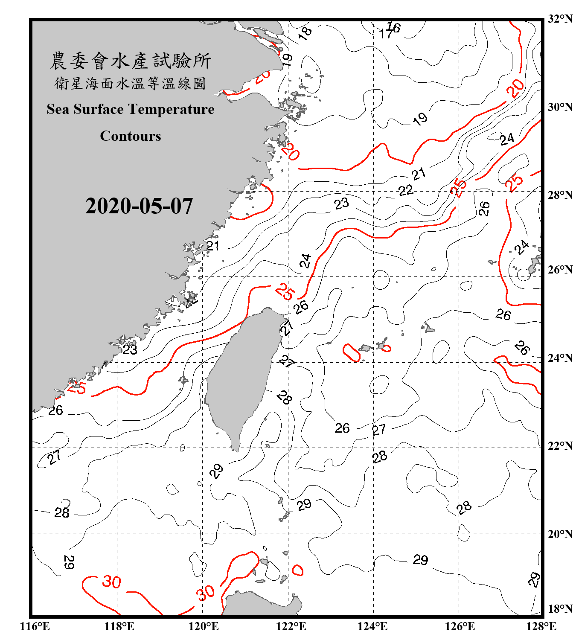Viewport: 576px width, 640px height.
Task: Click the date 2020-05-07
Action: click(139, 206)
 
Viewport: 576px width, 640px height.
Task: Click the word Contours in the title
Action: click(131, 136)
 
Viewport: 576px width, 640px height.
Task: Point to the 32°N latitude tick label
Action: click(560, 19)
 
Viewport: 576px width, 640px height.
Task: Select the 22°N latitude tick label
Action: click(560, 446)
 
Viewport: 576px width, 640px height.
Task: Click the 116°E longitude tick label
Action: click(35, 626)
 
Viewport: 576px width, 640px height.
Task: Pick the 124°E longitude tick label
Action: click(372, 626)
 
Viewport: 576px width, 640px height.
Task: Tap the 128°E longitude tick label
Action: click(541, 626)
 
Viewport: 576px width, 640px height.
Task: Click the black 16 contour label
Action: click(394, 27)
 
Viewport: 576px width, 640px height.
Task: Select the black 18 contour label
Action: click(305, 33)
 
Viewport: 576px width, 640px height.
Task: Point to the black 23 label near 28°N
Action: click(341, 204)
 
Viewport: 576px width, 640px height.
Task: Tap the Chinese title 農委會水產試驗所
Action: click(131, 61)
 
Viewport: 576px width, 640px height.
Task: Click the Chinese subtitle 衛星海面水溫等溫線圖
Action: click(131, 83)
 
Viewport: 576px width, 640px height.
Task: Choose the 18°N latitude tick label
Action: click(560, 609)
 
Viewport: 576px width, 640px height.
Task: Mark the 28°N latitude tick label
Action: click(560, 195)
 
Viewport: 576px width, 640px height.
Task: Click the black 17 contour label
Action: click(385, 34)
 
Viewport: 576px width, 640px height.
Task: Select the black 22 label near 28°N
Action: click(406, 190)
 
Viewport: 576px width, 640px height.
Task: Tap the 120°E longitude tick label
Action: click(204, 626)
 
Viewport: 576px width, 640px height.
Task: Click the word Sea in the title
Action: click(58, 109)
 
